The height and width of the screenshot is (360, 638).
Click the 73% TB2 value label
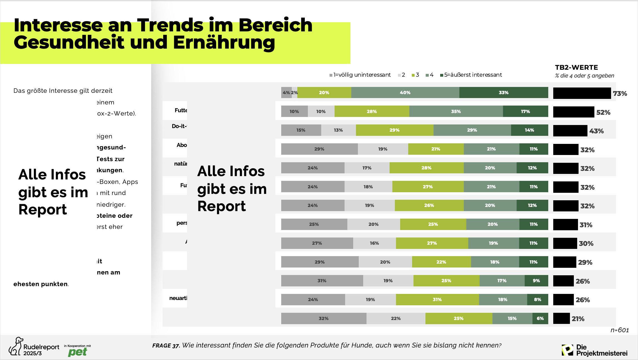coord(620,94)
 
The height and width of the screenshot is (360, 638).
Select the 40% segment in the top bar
coord(405,92)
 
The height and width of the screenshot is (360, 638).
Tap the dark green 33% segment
coord(503,92)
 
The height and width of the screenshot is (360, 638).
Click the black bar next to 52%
coord(573,112)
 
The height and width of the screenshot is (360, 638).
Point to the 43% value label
coord(596,131)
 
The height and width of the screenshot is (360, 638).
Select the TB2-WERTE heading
coord(576,67)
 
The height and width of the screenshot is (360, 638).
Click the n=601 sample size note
coord(619,330)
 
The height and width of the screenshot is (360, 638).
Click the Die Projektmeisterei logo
coord(594,350)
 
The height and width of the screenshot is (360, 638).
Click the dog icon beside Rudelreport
coord(16,346)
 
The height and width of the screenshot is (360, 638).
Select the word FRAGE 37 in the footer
coord(166,346)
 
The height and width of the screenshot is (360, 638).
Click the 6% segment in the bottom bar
coord(540,318)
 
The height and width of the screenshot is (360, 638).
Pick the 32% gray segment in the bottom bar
coord(323,318)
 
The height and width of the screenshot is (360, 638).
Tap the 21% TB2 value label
coord(578,319)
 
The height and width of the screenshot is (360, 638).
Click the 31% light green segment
coord(437,299)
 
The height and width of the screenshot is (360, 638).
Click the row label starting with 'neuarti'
coord(178,298)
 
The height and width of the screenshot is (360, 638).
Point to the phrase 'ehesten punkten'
coord(41,284)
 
